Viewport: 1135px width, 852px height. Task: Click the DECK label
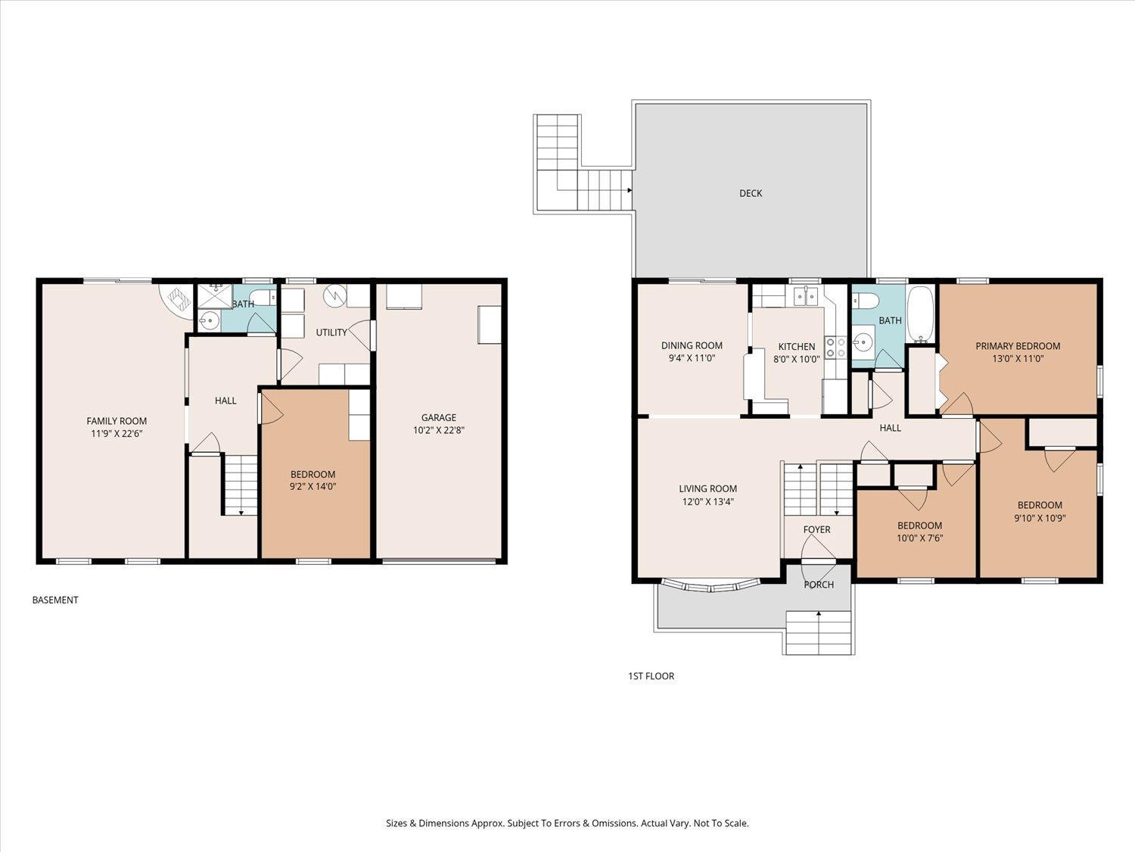pos(751,193)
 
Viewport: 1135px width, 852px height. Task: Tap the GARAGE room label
pos(438,417)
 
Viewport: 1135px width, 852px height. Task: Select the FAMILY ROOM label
pos(117,421)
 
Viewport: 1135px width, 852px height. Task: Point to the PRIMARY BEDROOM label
pos(1018,346)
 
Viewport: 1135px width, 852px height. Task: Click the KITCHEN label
pos(796,347)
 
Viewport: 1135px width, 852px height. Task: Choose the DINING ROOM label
pos(692,345)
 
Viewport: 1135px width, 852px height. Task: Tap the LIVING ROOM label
pos(708,488)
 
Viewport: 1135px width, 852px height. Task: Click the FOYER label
pos(816,529)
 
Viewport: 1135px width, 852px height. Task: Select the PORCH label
pos(819,585)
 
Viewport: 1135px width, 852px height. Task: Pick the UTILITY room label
pos(331,332)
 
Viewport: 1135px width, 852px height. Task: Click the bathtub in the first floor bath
pos(920,314)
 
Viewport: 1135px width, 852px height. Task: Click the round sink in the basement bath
pos(210,321)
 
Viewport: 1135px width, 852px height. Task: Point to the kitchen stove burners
pos(835,347)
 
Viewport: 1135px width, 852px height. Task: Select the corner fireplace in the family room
pos(176,301)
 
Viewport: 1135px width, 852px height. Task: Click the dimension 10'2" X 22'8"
pos(438,430)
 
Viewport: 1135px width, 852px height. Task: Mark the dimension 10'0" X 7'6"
pos(920,538)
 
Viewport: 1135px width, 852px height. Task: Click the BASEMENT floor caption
pos(55,600)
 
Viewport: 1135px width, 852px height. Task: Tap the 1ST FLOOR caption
pos(651,676)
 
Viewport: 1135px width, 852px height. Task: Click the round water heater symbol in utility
pos(334,295)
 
